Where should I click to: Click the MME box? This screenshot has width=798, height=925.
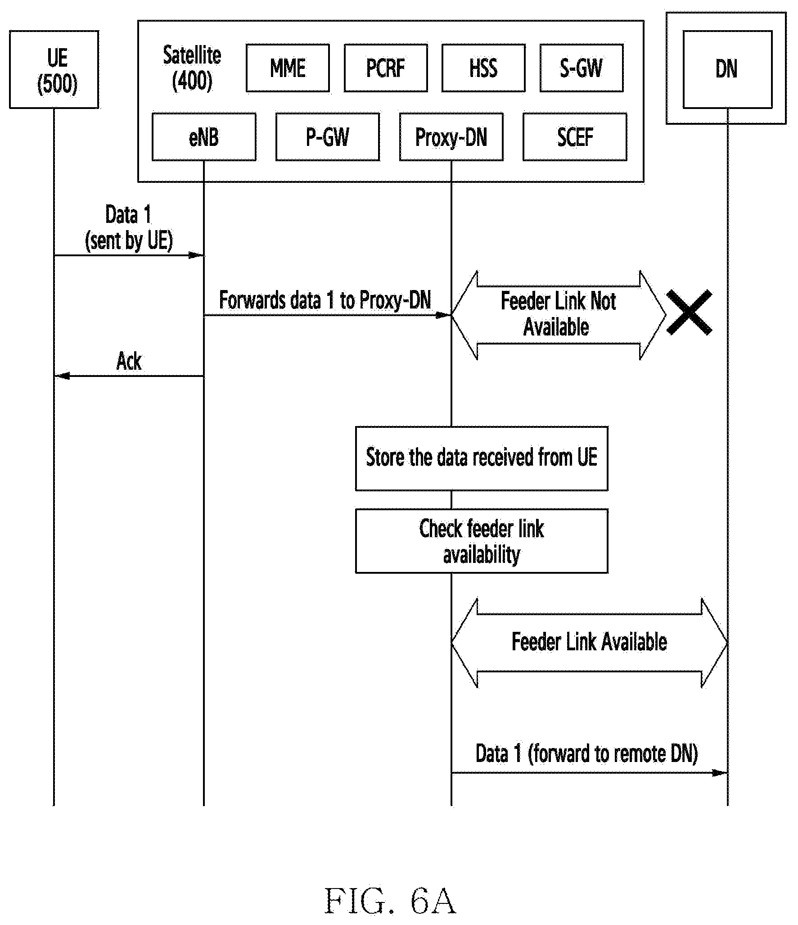point(288,68)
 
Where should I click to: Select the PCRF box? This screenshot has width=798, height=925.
point(386,68)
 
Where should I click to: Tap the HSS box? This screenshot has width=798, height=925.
point(483,68)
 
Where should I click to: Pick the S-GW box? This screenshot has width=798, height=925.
point(582,68)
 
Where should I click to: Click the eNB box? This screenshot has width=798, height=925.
point(204,137)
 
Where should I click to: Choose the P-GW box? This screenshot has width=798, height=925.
point(328,137)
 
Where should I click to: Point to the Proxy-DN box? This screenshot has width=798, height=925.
point(451,137)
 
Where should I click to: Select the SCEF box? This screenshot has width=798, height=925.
point(575,137)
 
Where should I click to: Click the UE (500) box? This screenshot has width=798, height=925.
point(54,69)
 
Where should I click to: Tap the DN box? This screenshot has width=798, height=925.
point(727,69)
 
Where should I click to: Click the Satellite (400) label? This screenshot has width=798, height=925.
point(192,68)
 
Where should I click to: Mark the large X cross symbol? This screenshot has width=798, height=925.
point(689,312)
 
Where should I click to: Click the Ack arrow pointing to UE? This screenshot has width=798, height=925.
point(129,376)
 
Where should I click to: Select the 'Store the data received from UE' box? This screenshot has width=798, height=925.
point(482,458)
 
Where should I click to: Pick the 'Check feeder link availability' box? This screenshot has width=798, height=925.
point(482,541)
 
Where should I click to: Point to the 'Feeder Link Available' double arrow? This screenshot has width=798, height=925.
point(589,643)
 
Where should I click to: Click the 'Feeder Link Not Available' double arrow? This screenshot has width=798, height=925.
point(559,315)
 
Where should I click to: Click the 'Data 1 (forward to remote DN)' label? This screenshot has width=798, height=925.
point(586,753)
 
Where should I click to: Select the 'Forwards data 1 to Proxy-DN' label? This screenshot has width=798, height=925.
point(325,300)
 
